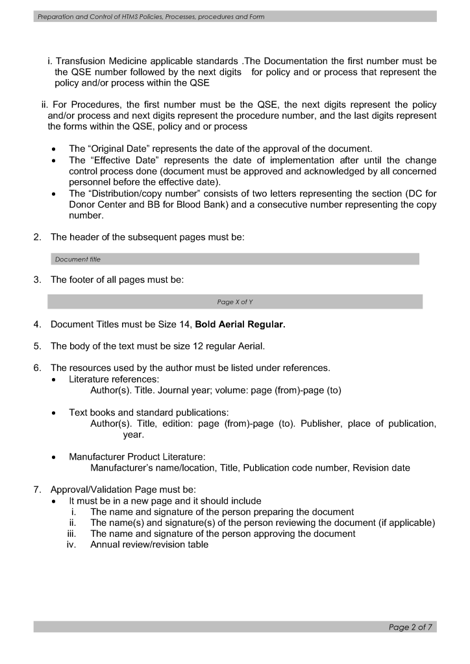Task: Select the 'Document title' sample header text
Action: (x=78, y=259)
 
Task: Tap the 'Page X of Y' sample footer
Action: (x=235, y=302)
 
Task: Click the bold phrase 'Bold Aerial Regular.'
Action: (x=240, y=324)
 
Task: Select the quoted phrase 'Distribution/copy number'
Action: (x=141, y=194)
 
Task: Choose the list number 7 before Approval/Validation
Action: (x=37, y=490)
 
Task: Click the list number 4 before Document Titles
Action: (x=37, y=324)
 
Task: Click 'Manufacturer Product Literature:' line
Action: (x=137, y=456)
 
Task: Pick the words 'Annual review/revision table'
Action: (x=149, y=545)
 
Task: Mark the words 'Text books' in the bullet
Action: (x=92, y=412)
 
